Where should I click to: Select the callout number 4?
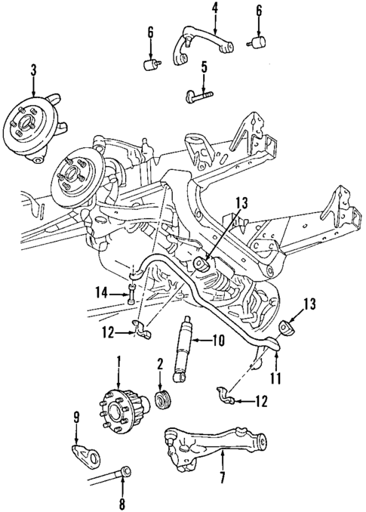click(214, 8)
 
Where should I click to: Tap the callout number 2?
click(160, 365)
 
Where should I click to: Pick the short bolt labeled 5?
click(198, 95)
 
